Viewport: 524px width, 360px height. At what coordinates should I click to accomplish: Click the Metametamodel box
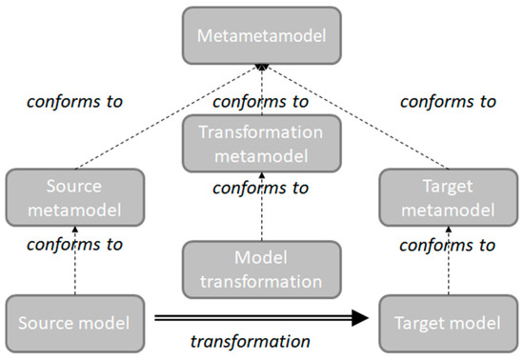261,35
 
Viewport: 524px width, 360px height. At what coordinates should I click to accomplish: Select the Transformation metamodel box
261,143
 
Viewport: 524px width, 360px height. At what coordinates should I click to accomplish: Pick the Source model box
74,323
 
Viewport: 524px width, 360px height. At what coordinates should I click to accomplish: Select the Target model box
448,323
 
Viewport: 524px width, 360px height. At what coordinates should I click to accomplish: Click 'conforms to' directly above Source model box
74,244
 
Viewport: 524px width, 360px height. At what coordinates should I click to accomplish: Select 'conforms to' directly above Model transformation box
261,188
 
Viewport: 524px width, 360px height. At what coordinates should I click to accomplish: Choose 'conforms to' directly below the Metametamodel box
261,101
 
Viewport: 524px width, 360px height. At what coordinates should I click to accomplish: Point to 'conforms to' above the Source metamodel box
74,101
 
